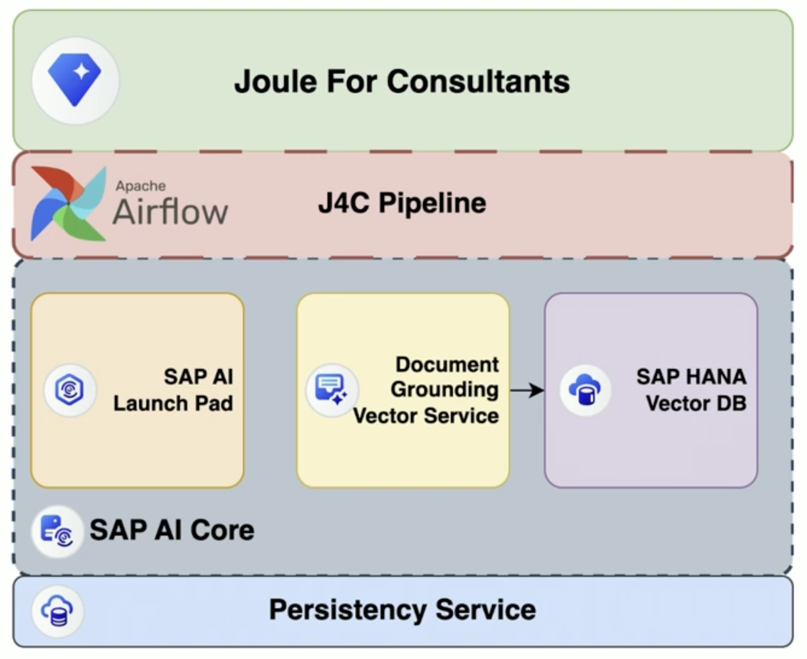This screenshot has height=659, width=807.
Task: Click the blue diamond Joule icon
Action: tap(75, 80)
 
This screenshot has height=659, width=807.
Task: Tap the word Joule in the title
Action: tap(275, 82)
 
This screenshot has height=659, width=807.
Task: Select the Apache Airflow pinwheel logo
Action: tap(68, 204)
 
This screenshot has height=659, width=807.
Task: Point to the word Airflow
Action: tap(170, 212)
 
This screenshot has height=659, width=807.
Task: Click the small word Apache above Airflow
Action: tap(141, 186)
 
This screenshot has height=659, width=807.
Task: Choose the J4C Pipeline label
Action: tap(402, 203)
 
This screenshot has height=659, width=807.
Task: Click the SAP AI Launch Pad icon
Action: tap(69, 390)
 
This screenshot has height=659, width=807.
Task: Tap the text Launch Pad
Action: tap(173, 403)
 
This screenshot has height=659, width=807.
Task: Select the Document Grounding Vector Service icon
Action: tap(332, 390)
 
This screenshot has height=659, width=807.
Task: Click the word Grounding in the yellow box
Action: tap(445, 389)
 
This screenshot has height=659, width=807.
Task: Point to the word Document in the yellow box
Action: tap(447, 365)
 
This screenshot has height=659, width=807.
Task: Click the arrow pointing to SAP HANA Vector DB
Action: tap(527, 391)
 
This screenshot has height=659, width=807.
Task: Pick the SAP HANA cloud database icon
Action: tap(585, 390)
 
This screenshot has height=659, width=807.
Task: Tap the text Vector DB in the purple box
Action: tap(696, 403)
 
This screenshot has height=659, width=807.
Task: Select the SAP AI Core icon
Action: tap(57, 531)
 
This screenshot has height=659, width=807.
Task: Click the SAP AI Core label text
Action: tap(172, 530)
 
